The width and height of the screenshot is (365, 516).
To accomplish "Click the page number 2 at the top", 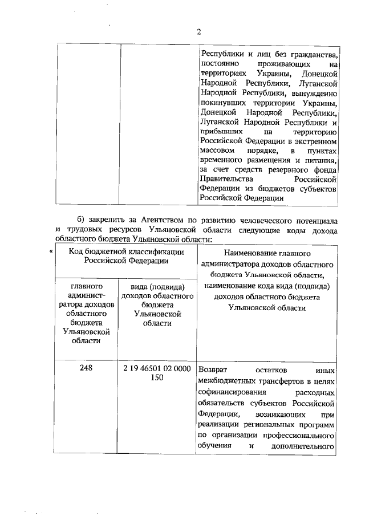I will (199, 32).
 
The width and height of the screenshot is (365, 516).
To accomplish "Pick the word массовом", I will (217, 149).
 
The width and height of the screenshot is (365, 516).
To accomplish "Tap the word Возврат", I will (216, 369).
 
